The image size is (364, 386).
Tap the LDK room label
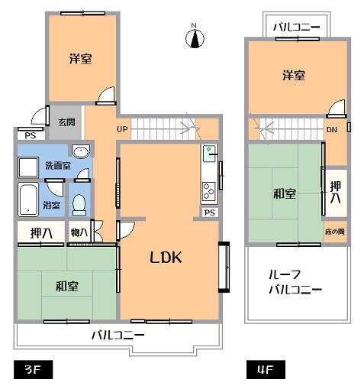pos(164,258)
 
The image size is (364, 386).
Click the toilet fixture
pos(79,204)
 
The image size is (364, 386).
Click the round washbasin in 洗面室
pos(79,151)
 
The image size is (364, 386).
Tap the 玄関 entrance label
pos(66,122)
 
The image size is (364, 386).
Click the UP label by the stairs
pos(123,128)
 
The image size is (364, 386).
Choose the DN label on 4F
pos(332,129)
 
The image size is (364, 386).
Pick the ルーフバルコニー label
pos(295,283)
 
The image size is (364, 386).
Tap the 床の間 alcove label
pos(334,230)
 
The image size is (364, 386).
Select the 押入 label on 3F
pos(41,232)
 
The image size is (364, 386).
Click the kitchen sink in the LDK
pos(208,155)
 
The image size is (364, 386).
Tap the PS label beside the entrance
pos(31,135)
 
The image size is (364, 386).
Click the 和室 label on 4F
pos(285,193)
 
